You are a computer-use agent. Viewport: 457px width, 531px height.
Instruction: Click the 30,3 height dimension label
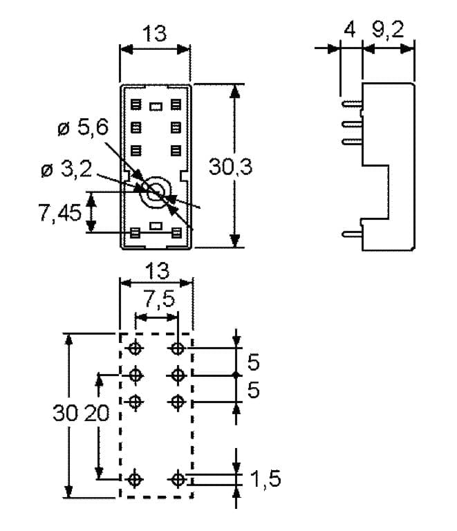[x=230, y=167]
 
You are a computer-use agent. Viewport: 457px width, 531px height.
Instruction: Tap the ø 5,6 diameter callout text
[x=83, y=127]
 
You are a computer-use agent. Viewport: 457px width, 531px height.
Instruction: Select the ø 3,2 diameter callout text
[x=66, y=169]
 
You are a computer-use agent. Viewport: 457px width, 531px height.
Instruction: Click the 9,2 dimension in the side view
[x=388, y=30]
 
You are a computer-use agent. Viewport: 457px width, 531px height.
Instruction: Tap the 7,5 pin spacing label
[x=160, y=299]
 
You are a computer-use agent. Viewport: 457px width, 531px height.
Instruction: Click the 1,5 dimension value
[x=265, y=479]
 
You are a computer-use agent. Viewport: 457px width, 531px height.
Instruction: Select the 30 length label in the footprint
[x=66, y=413]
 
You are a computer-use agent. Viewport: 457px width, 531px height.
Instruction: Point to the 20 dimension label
[x=97, y=413]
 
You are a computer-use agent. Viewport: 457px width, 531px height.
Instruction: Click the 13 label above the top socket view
[x=155, y=33]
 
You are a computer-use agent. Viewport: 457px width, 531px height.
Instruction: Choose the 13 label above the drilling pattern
[x=158, y=271]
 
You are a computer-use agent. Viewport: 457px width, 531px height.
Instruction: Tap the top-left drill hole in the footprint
[x=135, y=348]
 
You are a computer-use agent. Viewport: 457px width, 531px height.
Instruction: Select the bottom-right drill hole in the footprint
[x=178, y=479]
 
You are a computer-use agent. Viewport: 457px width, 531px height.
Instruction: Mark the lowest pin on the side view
[x=352, y=233]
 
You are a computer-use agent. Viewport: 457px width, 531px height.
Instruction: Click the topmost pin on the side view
[x=352, y=104]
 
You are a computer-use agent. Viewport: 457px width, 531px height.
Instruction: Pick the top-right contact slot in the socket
[x=176, y=104]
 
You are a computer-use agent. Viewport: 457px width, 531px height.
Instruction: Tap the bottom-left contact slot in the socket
[x=135, y=233]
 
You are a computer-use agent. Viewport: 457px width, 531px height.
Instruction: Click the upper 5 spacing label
[x=254, y=362]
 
